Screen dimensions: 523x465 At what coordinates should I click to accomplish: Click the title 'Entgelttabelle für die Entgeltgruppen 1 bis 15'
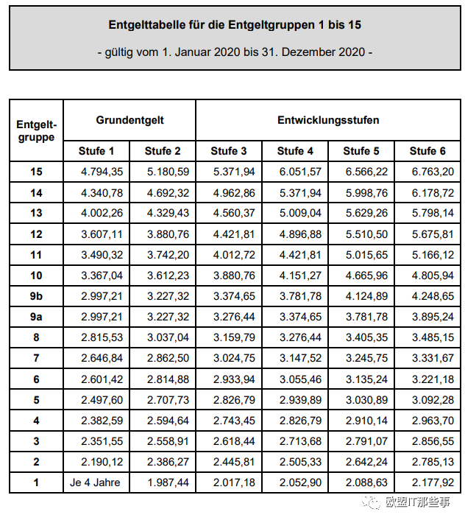(x=235, y=25)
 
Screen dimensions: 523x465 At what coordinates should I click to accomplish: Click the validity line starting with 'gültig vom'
(x=235, y=52)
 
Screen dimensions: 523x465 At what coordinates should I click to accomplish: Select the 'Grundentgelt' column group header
(x=129, y=119)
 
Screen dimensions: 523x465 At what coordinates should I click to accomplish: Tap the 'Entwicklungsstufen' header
(x=328, y=119)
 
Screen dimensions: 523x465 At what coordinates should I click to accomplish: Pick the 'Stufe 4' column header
(x=295, y=151)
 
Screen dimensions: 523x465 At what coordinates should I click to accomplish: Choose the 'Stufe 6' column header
(x=427, y=151)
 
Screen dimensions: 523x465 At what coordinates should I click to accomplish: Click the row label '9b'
(x=36, y=297)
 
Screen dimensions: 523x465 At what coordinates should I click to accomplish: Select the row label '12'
(x=36, y=234)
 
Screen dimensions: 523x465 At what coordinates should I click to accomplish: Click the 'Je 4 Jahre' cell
(x=96, y=483)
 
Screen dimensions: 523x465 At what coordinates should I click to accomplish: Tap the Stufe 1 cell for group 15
(x=96, y=172)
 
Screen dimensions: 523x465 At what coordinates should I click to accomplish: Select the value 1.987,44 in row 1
(x=163, y=483)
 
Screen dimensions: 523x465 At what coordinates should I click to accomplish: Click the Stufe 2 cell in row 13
(x=163, y=214)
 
